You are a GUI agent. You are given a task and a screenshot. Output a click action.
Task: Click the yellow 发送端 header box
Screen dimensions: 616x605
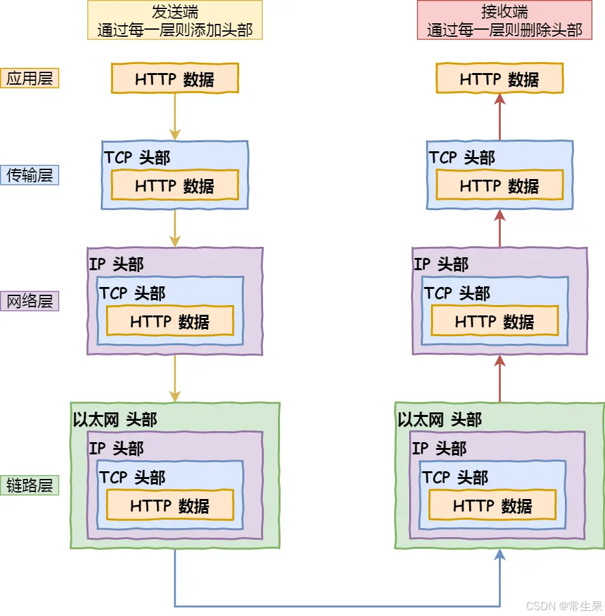click(175, 20)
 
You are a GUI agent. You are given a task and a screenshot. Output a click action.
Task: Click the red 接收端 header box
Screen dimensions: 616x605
click(504, 20)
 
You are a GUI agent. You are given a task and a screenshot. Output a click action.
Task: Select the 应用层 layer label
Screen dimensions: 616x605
click(30, 78)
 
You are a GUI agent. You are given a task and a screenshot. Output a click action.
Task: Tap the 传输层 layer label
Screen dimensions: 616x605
click(30, 175)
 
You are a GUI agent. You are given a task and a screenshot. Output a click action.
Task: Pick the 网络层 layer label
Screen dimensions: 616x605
click(30, 301)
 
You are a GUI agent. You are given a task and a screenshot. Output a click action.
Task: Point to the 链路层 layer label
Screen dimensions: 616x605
click(30, 485)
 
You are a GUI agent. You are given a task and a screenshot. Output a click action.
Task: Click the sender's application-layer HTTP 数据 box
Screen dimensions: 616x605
click(175, 79)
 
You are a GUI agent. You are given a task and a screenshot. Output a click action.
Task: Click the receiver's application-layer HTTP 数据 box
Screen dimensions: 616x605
click(500, 79)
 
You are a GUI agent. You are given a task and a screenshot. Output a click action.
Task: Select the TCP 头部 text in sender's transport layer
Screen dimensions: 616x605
click(137, 158)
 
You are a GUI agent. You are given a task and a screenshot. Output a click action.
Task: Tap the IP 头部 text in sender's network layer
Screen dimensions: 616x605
click(116, 264)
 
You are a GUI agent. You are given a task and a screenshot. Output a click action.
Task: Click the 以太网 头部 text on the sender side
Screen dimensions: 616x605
click(115, 420)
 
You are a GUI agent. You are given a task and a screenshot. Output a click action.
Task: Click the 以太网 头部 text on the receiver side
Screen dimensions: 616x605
click(440, 420)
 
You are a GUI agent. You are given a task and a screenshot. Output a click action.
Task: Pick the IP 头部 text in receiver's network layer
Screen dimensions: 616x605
click(441, 264)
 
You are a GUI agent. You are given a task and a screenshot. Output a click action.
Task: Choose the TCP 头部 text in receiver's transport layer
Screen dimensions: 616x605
click(462, 158)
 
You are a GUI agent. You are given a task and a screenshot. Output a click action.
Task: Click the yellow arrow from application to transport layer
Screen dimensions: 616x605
click(175, 116)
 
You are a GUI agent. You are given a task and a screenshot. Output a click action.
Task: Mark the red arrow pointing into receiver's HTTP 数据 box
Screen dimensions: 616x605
click(500, 116)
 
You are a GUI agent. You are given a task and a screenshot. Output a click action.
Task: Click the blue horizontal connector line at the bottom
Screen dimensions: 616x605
click(336, 606)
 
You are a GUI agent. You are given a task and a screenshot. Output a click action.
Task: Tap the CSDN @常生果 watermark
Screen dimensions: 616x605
click(564, 606)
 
